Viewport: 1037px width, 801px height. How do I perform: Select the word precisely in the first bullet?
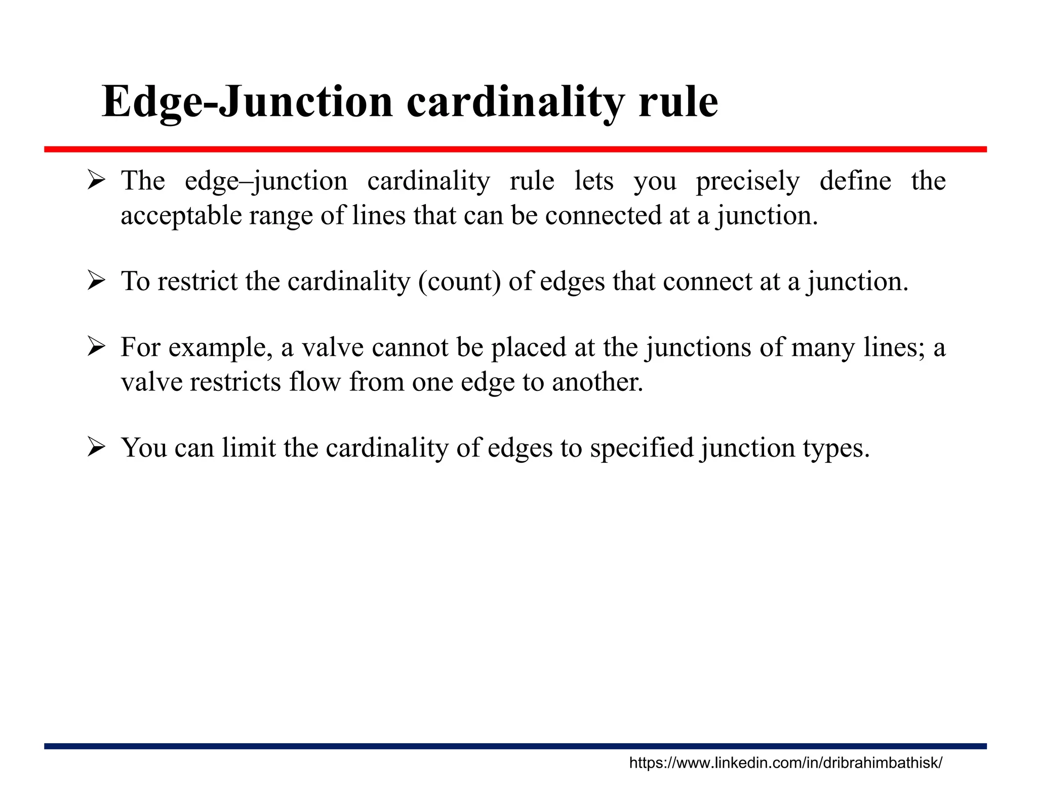[x=747, y=181]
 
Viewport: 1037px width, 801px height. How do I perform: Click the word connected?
[x=603, y=216]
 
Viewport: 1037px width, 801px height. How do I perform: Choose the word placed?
[x=528, y=348]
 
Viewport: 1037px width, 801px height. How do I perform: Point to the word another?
[x=597, y=382]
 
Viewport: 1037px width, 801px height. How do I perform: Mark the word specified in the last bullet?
[x=642, y=448]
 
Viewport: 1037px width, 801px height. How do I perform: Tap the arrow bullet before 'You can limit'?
[x=96, y=447]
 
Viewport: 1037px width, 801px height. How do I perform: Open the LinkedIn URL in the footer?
[x=785, y=763]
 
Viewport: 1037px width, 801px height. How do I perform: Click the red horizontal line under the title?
[x=515, y=149]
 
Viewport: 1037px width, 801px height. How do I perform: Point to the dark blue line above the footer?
[x=515, y=746]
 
